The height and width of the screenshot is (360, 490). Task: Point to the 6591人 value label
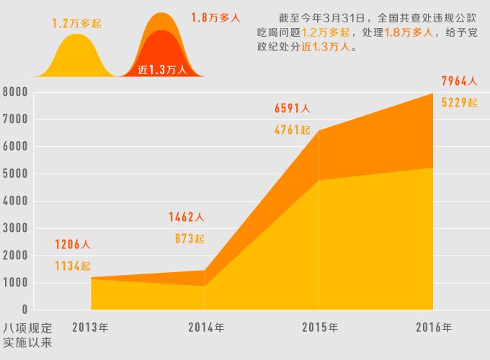[x=293, y=109]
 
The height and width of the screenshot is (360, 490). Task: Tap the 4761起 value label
[x=293, y=130]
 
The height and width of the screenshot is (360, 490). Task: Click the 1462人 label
[x=187, y=217]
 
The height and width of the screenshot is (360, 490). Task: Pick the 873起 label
[x=190, y=238]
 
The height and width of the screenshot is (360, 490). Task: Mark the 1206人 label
[x=73, y=245]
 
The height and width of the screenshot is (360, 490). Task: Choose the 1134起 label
[x=73, y=266]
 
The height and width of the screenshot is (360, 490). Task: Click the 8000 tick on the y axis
[x=14, y=92]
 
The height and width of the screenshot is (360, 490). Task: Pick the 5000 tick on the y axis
[x=14, y=174]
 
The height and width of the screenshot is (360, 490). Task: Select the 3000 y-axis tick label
[x=14, y=228]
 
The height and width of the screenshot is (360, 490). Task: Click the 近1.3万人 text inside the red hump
[x=162, y=70]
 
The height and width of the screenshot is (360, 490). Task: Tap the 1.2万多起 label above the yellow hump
[x=76, y=24]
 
